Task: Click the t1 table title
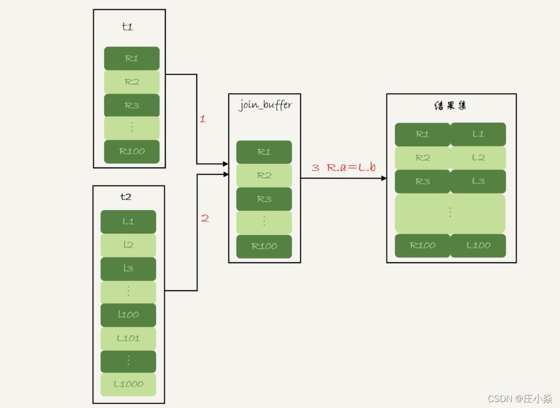pyautogui.click(x=128, y=27)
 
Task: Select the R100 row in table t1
pyautogui.click(x=132, y=151)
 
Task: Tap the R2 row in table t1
pyautogui.click(x=132, y=82)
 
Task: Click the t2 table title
pyautogui.click(x=126, y=197)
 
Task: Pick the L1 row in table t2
pyautogui.click(x=128, y=221)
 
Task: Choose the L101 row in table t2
pyautogui.click(x=128, y=338)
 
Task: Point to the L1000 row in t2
pyautogui.click(x=128, y=384)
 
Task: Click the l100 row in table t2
pyautogui.click(x=128, y=315)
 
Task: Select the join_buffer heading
pyautogui.click(x=265, y=106)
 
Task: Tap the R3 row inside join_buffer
pyautogui.click(x=264, y=199)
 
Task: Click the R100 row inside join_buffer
pyautogui.click(x=264, y=246)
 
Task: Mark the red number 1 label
pyautogui.click(x=203, y=119)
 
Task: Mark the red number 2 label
pyautogui.click(x=205, y=218)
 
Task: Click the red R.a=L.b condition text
pyautogui.click(x=351, y=167)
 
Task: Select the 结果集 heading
pyautogui.click(x=450, y=106)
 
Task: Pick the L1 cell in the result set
pyautogui.click(x=478, y=134)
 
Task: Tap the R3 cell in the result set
pyautogui.click(x=422, y=181)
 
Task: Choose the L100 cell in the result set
pyautogui.click(x=478, y=245)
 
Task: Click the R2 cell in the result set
pyautogui.click(x=422, y=158)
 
